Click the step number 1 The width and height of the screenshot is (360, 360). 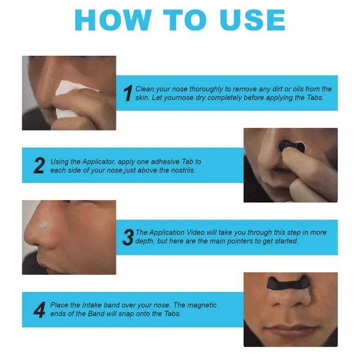[x=128, y=93]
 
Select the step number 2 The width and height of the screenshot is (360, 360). [x=39, y=166]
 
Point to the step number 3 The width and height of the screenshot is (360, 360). [x=128, y=237]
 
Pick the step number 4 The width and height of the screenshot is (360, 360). [x=39, y=310]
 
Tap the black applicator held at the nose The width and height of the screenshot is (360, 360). [x=291, y=146]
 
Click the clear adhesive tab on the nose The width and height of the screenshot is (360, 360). [x=45, y=224]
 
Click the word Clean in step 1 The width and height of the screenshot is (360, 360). [x=145, y=89]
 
